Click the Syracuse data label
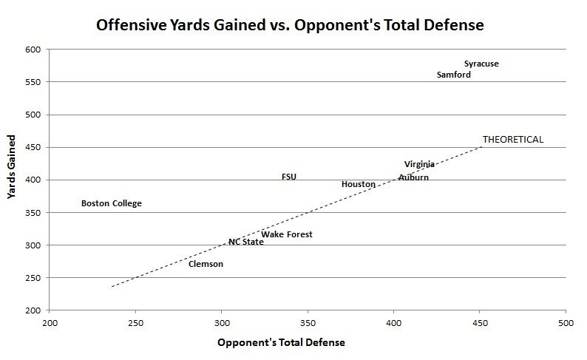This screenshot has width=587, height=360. pos(481,64)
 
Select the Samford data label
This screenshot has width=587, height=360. pos(454,75)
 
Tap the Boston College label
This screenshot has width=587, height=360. pos(111,203)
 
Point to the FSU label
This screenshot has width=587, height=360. pos(289,177)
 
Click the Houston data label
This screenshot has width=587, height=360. pos(358,184)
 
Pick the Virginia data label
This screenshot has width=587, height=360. pos(419,164)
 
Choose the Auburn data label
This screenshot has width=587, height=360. pos(413,177)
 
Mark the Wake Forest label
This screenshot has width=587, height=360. pos(287,234)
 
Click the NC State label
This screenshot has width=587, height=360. pos(245,242)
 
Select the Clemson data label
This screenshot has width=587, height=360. pos(206,264)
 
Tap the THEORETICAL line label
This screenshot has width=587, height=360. pos(513,139)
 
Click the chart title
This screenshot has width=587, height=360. pos(290,26)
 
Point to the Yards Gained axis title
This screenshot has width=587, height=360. pos(12,167)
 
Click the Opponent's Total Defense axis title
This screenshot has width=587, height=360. pos(282,343)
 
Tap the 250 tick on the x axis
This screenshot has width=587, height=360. pos(135,323)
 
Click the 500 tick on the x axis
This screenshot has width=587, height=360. pos(566,323)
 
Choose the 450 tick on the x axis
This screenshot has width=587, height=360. pos(480,323)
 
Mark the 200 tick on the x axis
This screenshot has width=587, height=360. pos(50,323)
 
